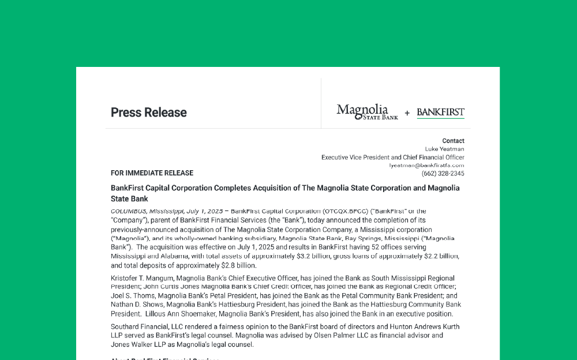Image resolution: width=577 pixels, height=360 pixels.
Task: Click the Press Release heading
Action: point(148,112)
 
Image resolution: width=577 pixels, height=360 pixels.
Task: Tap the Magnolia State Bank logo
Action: point(367,112)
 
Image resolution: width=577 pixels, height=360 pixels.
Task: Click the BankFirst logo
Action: point(440,112)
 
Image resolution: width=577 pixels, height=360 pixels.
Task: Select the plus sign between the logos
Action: point(407,113)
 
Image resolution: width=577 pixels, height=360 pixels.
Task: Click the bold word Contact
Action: point(453,141)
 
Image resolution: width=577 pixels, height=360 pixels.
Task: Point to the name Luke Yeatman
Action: point(444,149)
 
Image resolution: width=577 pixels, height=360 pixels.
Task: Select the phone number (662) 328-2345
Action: point(443,174)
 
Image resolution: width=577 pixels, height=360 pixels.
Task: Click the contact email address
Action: point(426,166)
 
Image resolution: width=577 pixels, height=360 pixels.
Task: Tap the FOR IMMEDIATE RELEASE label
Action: point(152,173)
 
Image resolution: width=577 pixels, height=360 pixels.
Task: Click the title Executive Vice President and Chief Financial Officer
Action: point(392,157)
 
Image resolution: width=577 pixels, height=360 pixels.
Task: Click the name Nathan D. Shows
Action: point(134,305)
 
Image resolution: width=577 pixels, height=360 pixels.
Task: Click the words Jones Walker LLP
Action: point(135,345)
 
